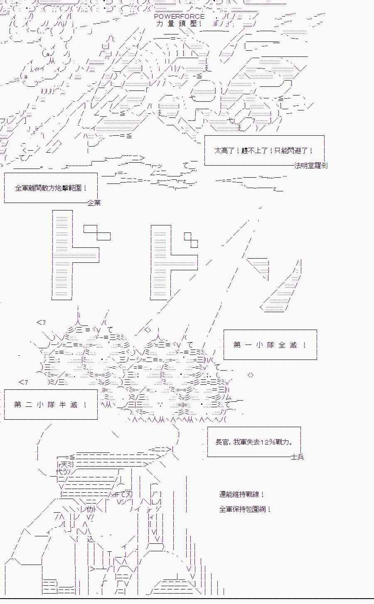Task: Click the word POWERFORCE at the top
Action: (x=180, y=17)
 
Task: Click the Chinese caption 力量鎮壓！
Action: (x=179, y=24)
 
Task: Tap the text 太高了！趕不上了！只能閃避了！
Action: (x=264, y=150)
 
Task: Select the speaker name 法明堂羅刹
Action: (x=311, y=166)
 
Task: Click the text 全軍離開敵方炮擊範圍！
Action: (x=51, y=188)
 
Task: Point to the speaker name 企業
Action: (x=94, y=203)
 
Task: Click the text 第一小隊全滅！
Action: (x=270, y=345)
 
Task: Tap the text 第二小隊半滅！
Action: (x=51, y=405)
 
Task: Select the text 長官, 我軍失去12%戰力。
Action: (x=254, y=442)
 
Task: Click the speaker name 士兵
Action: (x=298, y=457)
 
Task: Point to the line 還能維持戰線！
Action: (x=241, y=494)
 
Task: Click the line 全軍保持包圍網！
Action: (x=245, y=509)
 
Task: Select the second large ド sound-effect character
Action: (x=174, y=262)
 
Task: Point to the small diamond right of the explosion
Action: (x=251, y=375)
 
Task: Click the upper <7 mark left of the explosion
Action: (x=41, y=322)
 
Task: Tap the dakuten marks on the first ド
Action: (x=97, y=232)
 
